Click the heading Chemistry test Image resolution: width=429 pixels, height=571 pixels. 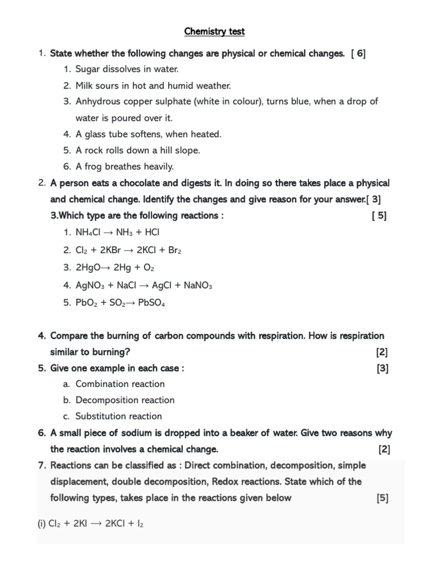[214, 32]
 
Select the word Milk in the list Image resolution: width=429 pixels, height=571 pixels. [85, 86]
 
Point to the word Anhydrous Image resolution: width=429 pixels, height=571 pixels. [97, 101]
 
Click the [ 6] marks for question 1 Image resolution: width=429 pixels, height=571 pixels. [359, 54]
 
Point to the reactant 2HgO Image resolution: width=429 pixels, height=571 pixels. [88, 268]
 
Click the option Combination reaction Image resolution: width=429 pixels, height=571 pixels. [120, 384]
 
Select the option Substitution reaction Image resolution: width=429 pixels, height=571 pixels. [118, 417]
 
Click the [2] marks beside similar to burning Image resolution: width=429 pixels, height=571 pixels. [382, 352]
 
